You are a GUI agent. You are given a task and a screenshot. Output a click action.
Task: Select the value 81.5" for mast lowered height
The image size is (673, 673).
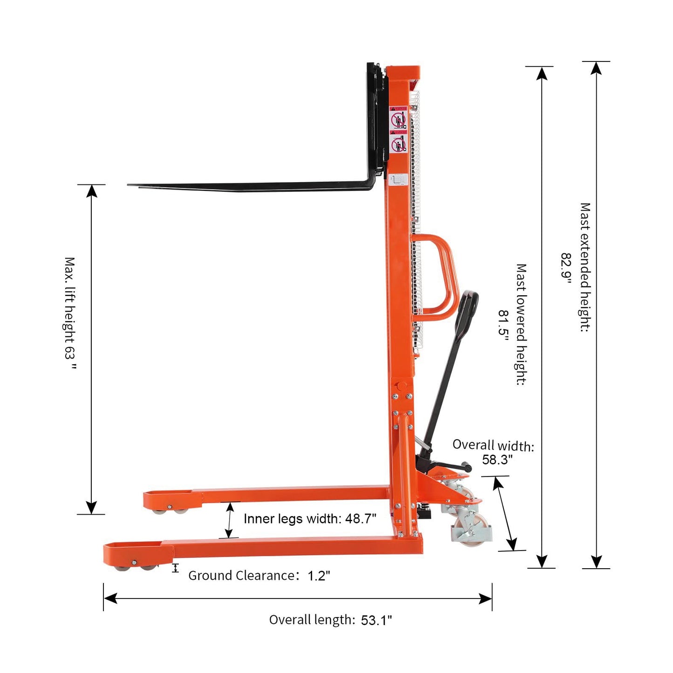(503, 327)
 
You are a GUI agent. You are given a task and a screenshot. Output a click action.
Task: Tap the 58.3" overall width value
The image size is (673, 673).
(497, 460)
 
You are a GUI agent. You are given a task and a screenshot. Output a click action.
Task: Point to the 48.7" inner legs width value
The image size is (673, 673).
(360, 519)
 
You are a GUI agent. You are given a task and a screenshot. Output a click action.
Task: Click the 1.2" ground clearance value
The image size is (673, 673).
(319, 576)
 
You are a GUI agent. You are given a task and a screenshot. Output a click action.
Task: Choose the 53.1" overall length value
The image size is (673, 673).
(376, 620)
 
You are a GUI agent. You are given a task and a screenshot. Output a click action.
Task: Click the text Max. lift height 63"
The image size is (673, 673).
(70, 313)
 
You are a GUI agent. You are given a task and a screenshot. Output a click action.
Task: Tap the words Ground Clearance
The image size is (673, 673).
(241, 575)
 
